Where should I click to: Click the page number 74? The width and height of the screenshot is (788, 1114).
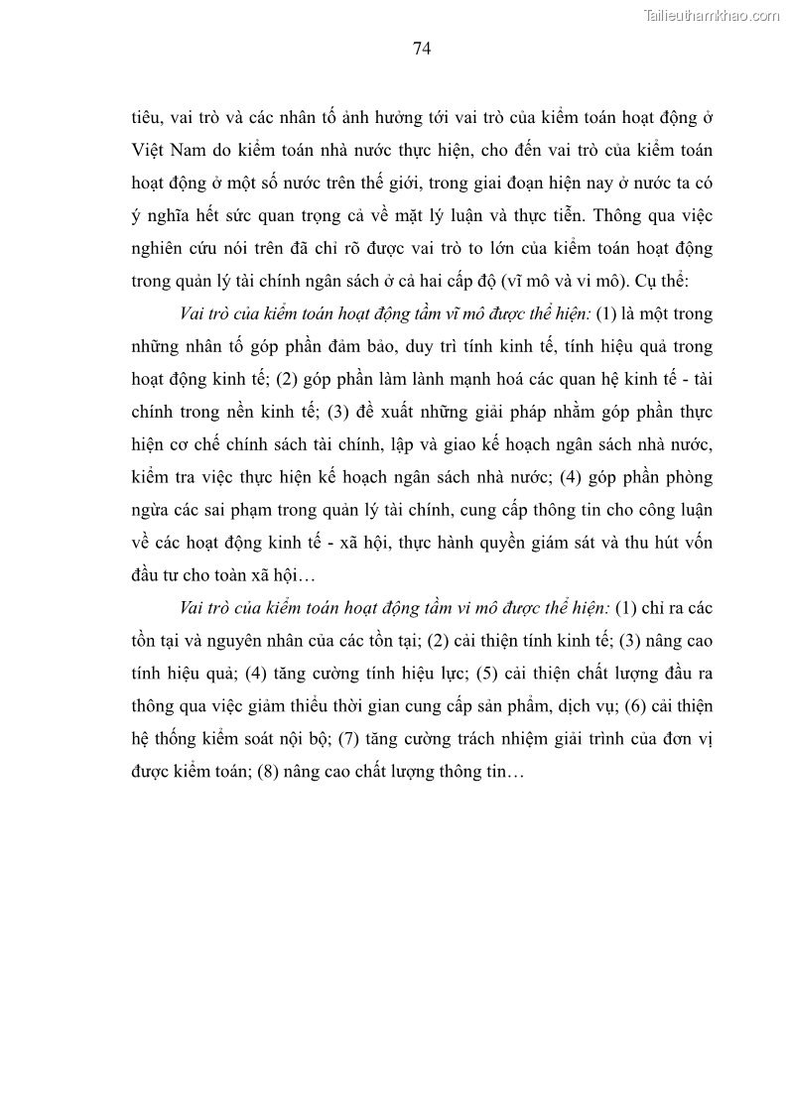(x=421, y=47)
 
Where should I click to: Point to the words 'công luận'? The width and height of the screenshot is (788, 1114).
(x=675, y=510)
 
